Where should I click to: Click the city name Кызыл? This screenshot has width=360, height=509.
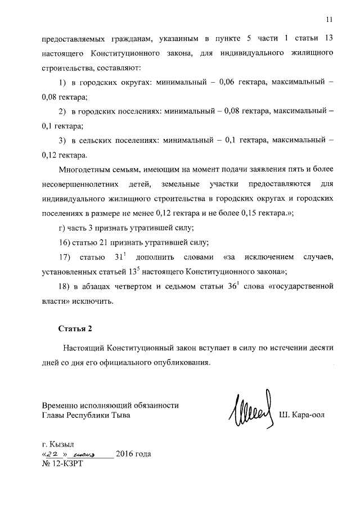tap(62, 443)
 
